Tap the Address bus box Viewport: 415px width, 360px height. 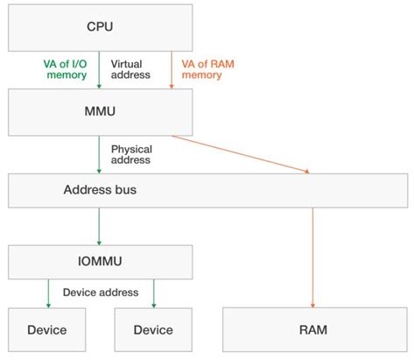pyautogui.click(x=207, y=188)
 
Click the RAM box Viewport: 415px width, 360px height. pyautogui.click(x=312, y=330)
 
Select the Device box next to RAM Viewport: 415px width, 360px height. pyautogui.click(x=153, y=330)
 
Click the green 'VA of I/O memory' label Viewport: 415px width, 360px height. pyautogui.click(x=65, y=69)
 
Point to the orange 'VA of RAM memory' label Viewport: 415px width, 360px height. pyautogui.click(x=207, y=69)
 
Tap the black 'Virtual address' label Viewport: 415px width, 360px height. pyautogui.click(x=131, y=69)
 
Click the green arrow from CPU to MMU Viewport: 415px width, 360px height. pyautogui.click(x=100, y=70)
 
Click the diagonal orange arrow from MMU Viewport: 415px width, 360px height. pyautogui.click(x=241, y=153)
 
